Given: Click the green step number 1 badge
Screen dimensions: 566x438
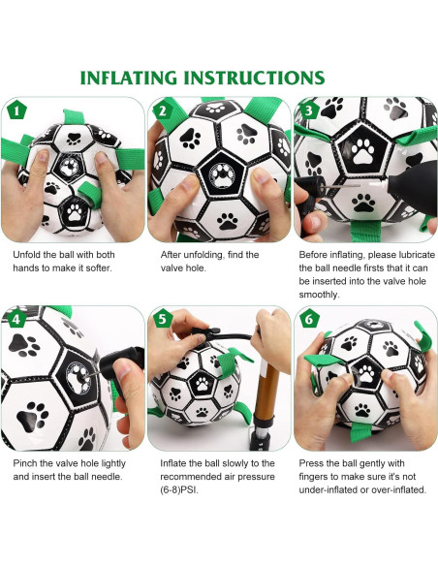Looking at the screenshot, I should pos(16,110).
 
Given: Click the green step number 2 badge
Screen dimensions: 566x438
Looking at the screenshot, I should pos(162,110).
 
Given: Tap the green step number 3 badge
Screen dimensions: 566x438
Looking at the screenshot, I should pos(308,110).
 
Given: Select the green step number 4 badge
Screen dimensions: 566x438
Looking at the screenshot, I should pos(16,318).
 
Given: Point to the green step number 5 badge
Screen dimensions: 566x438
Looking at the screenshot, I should pos(162,318).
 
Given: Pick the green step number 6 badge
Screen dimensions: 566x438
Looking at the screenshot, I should pos(308,318).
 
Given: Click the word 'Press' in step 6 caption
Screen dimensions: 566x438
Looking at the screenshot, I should pos(314,463).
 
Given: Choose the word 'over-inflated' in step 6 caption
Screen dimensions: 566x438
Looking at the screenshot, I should pos(392,490).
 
